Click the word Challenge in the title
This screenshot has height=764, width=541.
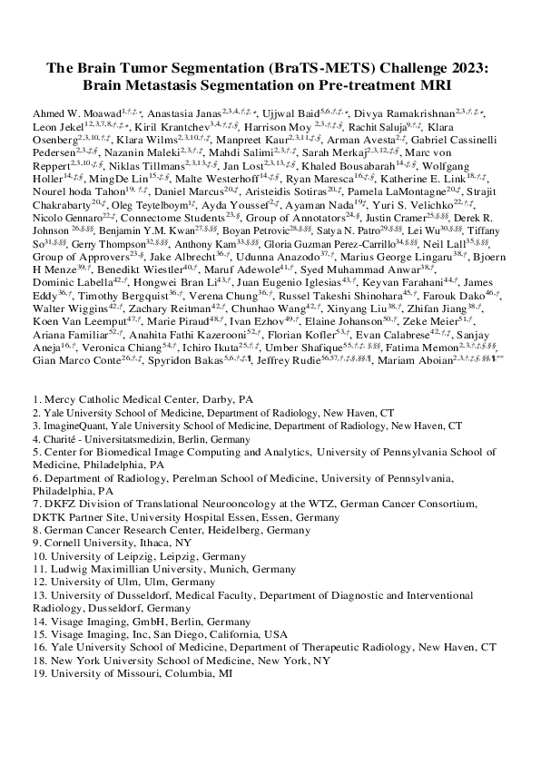coord(407,69)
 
